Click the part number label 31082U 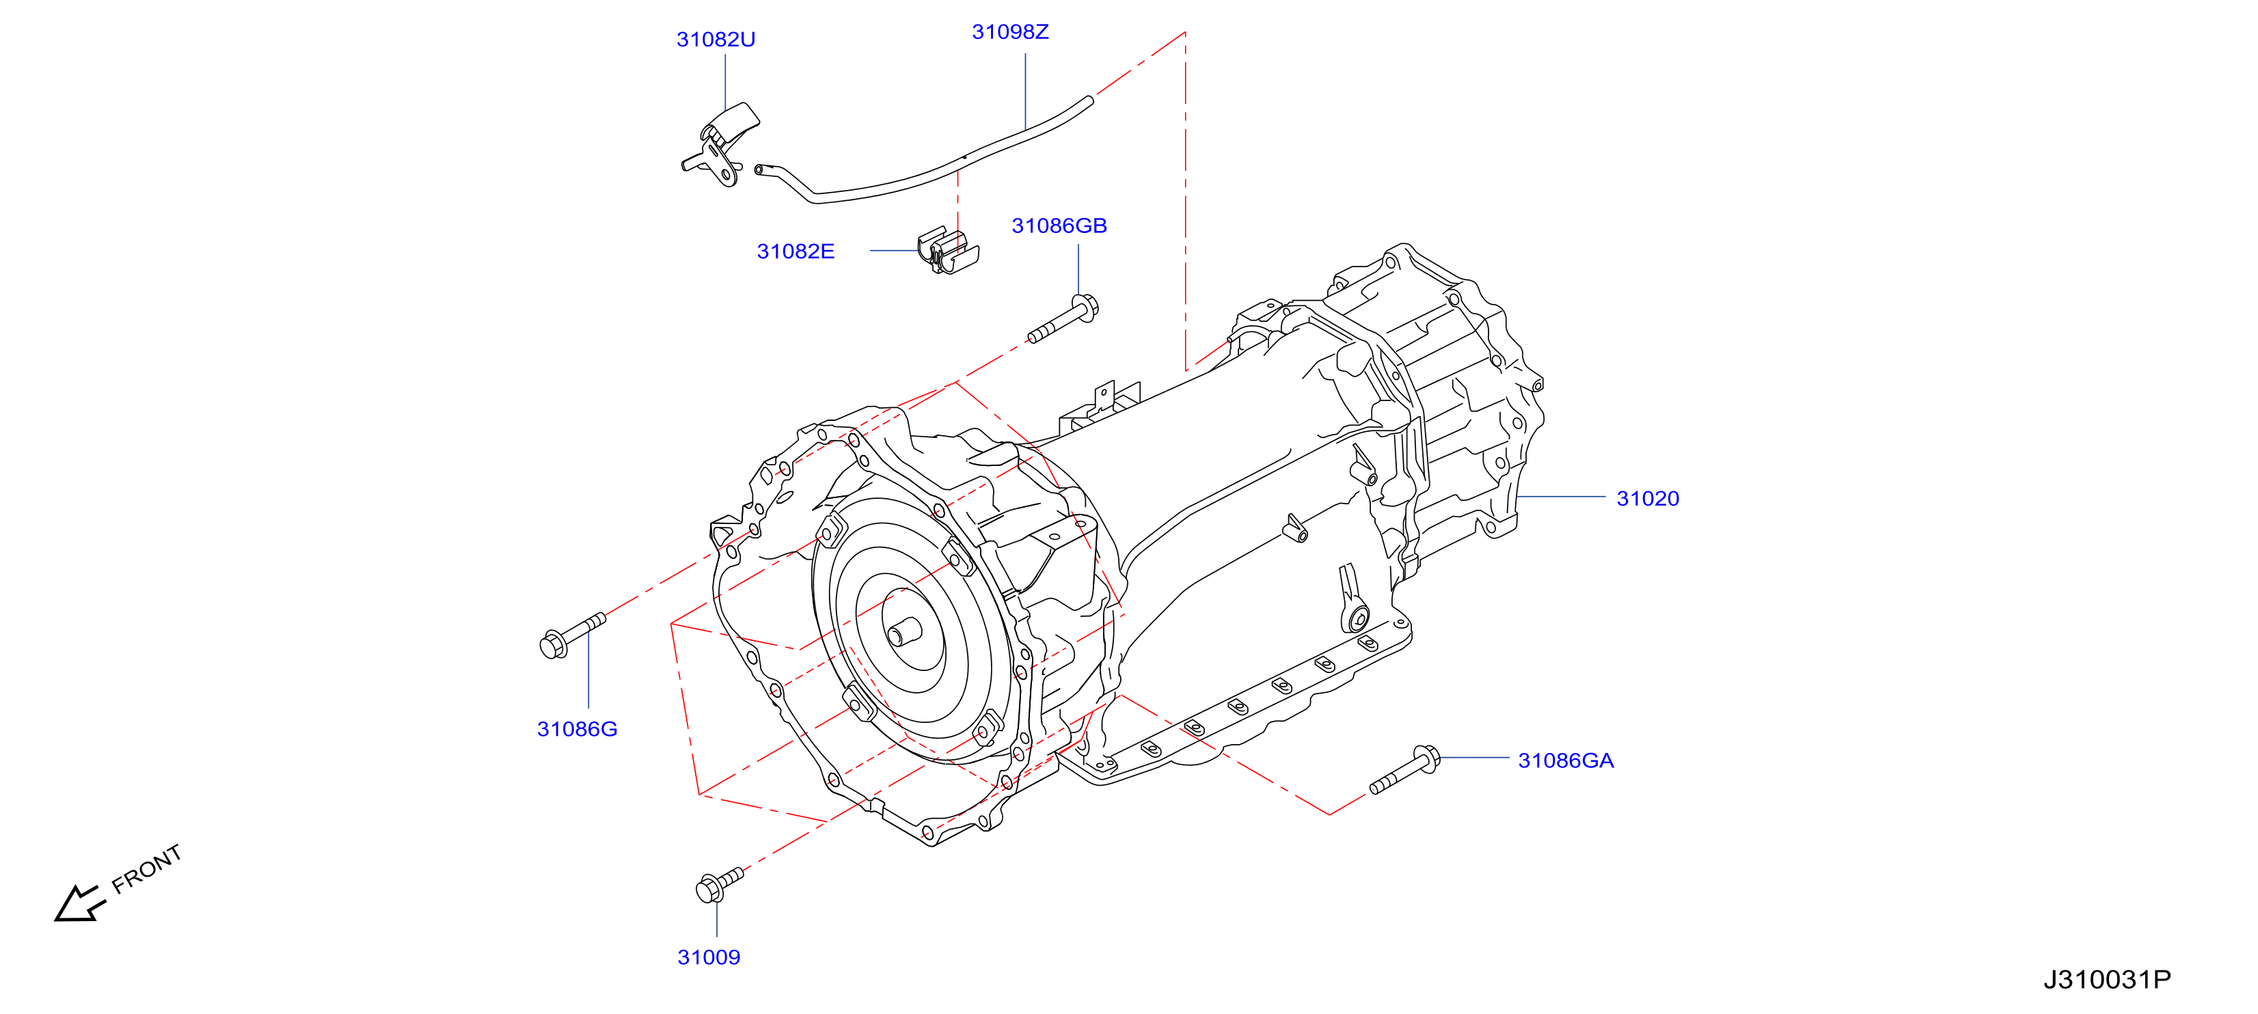click(x=716, y=40)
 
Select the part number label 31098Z click(x=1010, y=31)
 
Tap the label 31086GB click(x=1059, y=225)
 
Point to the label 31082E click(x=795, y=251)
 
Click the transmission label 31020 click(x=1647, y=499)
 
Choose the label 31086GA click(x=1566, y=760)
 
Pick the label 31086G click(x=577, y=729)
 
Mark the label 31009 click(x=708, y=957)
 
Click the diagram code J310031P click(x=2106, y=979)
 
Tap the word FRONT click(x=146, y=868)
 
